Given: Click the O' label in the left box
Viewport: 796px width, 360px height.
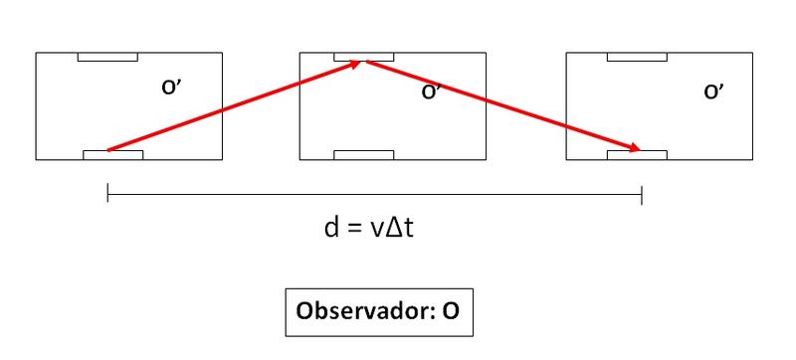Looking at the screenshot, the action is (x=171, y=88).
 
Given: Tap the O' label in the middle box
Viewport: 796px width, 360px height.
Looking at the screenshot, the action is (x=431, y=91).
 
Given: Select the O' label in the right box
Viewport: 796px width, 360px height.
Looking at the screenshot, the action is (x=713, y=91).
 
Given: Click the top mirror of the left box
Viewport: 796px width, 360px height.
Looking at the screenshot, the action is (x=107, y=57).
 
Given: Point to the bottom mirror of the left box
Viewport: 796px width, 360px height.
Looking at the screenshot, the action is (x=113, y=155).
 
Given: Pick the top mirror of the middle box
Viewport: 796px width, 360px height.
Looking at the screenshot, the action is (x=364, y=57).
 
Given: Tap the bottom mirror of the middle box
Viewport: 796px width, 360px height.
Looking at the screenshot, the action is (x=364, y=155).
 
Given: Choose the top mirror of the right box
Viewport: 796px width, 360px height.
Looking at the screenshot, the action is (x=637, y=57).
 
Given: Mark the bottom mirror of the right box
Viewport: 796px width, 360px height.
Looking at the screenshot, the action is (x=637, y=155).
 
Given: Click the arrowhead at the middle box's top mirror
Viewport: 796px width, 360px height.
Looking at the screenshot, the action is (x=356, y=64).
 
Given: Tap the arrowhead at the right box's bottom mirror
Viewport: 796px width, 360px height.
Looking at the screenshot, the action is (x=635, y=148).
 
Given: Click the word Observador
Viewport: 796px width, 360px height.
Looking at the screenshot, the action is (x=362, y=310).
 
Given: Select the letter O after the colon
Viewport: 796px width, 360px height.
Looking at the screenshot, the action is (x=451, y=311).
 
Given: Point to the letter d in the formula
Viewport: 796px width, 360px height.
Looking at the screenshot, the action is (x=331, y=228).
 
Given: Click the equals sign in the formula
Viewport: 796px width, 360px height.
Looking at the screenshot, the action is (x=353, y=230).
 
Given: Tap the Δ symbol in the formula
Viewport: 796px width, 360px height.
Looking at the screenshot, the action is (x=394, y=229).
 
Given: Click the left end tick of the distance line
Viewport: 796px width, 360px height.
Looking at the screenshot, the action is (x=107, y=194).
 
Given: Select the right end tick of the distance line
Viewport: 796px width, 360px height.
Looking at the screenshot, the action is (x=642, y=195).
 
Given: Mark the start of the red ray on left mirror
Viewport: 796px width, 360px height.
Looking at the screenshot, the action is (x=107, y=150).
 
